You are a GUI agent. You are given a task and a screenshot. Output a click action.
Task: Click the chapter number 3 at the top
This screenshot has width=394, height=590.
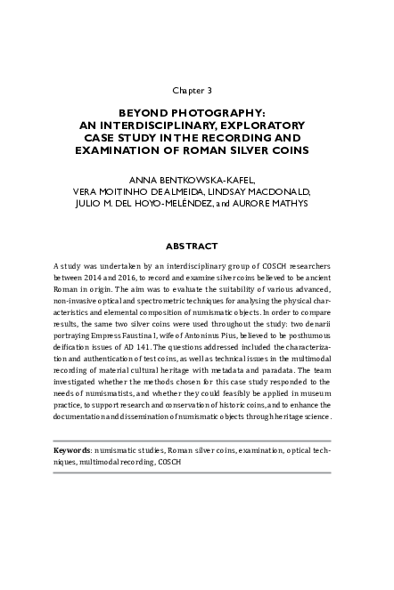(x=209, y=91)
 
